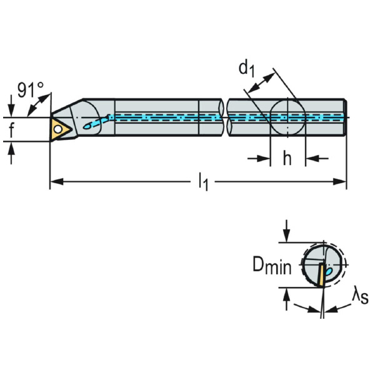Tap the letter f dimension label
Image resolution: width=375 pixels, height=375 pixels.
click(11, 130)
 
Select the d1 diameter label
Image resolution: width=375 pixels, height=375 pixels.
click(246, 69)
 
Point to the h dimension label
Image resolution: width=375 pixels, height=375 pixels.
click(287, 159)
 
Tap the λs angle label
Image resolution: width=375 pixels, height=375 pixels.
click(359, 296)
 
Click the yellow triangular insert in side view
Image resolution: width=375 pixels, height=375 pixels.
click(61, 129)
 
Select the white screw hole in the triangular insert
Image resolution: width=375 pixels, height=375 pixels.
click(58, 129)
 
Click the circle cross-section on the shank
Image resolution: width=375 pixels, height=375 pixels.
click(287, 117)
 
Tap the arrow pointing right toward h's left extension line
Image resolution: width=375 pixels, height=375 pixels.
click(263, 159)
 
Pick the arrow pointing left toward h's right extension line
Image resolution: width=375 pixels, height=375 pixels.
click(312, 159)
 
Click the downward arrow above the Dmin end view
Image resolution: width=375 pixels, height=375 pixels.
click(286, 234)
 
